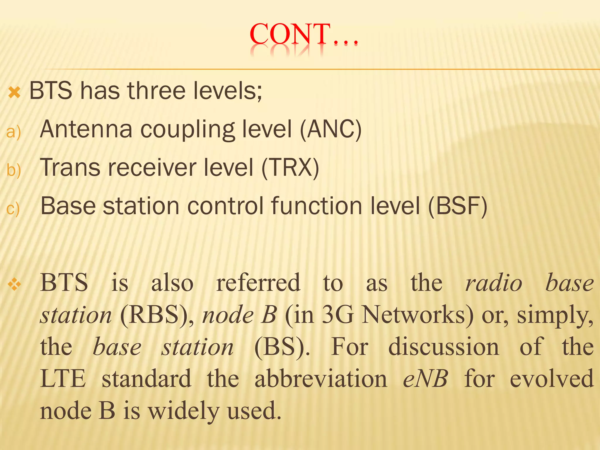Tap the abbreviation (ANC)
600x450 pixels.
coord(330,129)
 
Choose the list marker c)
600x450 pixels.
coord(13,209)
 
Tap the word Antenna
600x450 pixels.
coord(86,129)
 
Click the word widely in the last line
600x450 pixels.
coord(183,411)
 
